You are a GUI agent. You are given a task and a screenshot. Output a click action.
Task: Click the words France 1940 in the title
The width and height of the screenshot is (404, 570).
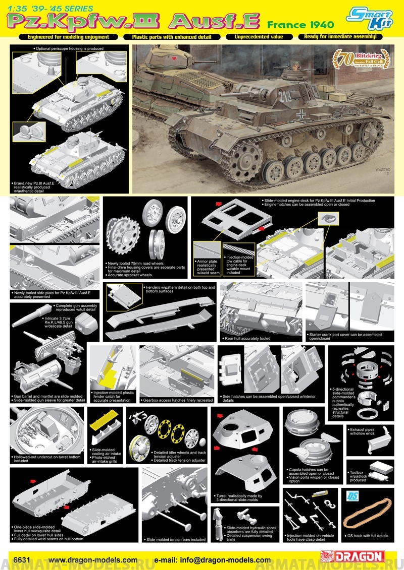[x=301, y=24]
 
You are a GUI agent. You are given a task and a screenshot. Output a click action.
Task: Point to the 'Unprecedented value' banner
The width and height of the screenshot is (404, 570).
[x=261, y=37]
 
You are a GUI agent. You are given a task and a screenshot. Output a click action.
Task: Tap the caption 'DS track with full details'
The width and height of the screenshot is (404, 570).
[x=369, y=535]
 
